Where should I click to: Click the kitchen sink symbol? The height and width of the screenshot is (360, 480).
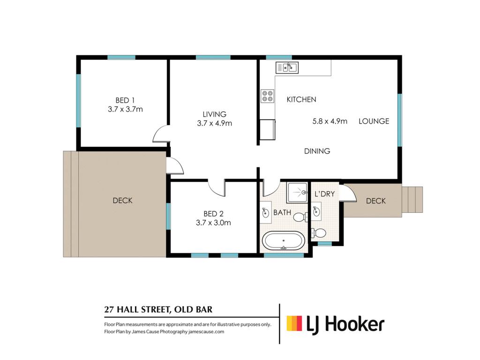point(287,67)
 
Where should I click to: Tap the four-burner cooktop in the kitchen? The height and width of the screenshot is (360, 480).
point(267,96)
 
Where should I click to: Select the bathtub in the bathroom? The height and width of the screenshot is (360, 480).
point(284,240)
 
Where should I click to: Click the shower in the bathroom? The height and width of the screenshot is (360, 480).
point(297,193)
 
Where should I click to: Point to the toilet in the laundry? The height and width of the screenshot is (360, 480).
point(319,233)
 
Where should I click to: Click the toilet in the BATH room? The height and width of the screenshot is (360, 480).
point(300,217)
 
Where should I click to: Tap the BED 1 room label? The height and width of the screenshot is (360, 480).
point(125,100)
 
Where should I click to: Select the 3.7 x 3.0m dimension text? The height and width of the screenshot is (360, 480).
point(213,223)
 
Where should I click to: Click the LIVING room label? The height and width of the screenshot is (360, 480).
point(214,114)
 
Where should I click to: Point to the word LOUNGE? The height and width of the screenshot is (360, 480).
point(374,121)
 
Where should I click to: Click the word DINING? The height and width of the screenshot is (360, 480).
point(317,151)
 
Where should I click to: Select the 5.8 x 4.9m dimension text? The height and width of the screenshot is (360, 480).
point(330,121)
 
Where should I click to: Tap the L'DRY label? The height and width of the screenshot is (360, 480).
point(324,194)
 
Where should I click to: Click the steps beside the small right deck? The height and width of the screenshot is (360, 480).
point(412,200)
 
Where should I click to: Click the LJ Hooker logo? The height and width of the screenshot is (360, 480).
point(335,325)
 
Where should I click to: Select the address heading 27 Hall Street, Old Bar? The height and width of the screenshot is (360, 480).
point(158,309)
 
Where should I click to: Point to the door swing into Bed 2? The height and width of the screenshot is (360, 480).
point(217,187)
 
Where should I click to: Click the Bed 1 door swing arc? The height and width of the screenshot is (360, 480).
point(160,134)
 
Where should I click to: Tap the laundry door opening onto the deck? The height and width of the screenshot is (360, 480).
point(349,193)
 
